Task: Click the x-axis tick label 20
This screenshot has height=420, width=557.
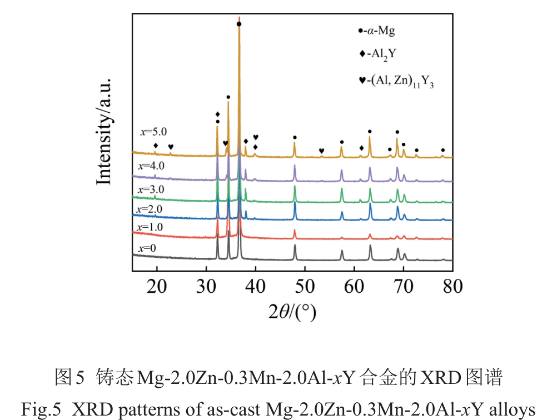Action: coord(157,287)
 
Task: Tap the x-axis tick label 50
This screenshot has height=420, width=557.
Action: coord(305,287)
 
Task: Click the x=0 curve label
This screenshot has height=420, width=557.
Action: coord(148,248)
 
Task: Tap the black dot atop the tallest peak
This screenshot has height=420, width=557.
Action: coord(238,24)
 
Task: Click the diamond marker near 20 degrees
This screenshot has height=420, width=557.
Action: coord(156,146)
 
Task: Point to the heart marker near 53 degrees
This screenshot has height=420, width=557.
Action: coord(321,151)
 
